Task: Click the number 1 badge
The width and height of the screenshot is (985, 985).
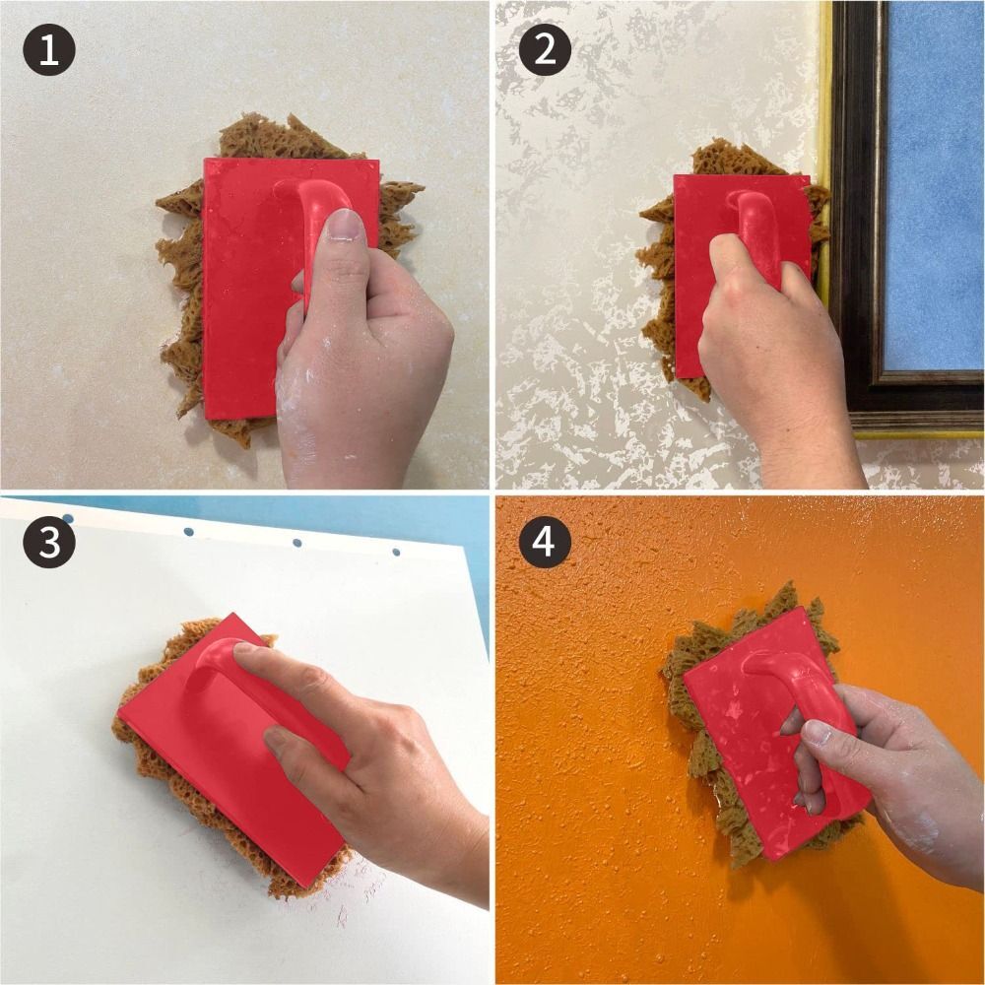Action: pos(49,49)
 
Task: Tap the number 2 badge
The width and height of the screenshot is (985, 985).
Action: pos(545,49)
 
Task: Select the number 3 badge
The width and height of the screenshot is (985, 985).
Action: pos(49,544)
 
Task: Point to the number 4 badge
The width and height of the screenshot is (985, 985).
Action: pos(545,544)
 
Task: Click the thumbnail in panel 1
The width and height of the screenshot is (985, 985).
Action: pos(346,227)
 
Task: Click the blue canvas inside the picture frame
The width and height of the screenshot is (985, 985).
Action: pos(936,177)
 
